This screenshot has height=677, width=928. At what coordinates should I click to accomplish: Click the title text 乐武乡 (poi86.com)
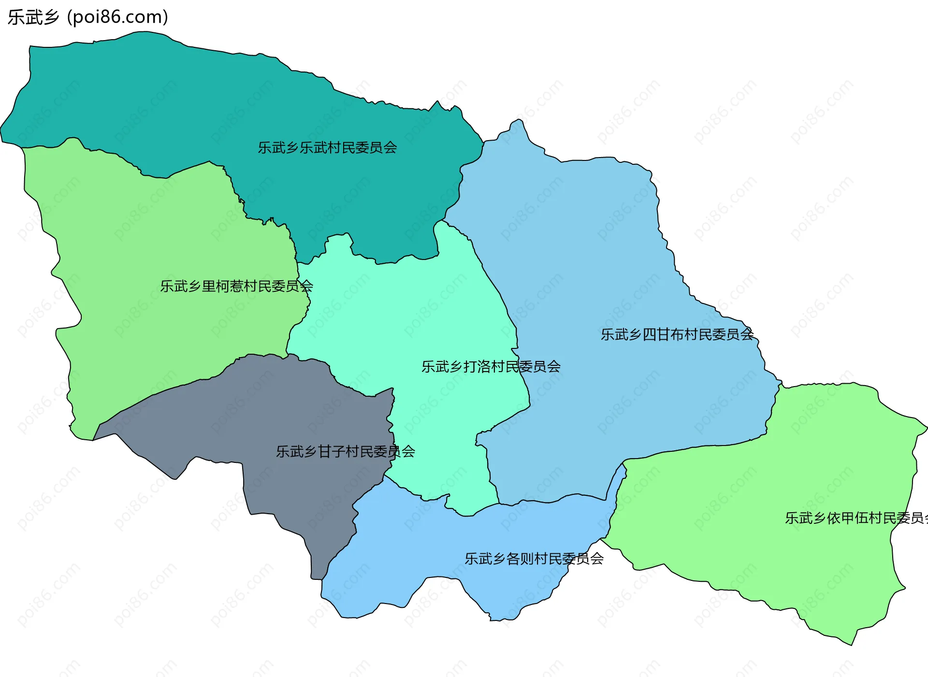pos(88,17)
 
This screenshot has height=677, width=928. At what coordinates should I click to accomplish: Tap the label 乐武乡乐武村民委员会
pos(327,147)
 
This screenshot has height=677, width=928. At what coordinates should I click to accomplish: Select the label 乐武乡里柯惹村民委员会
pos(236,286)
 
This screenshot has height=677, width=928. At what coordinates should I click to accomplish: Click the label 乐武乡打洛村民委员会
pos(491,366)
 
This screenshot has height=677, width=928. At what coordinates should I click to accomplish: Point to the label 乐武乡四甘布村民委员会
pos(677,334)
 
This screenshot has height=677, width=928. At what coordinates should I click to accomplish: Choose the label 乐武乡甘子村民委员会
pos(345,451)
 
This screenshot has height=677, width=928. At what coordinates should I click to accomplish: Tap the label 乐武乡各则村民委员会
pos(534,559)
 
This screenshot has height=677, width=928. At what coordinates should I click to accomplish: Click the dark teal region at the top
pos(242,106)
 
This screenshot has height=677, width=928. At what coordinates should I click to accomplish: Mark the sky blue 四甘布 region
pos(604,242)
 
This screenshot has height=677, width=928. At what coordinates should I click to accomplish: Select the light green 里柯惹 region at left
pos(145,242)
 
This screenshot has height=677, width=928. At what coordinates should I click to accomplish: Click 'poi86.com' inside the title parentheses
pos(117,17)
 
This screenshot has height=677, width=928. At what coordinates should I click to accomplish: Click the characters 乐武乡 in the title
pos(33,17)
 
